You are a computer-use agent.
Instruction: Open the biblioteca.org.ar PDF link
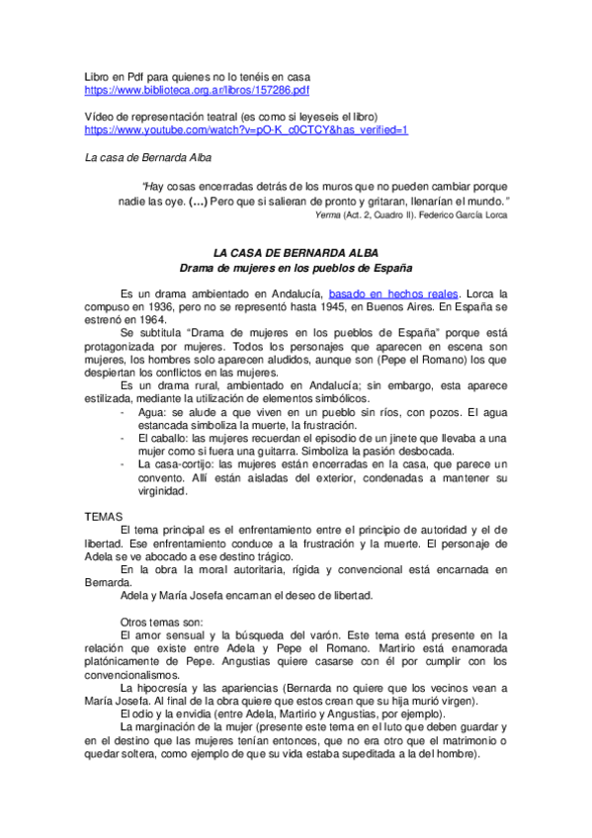pyautogui.click(x=197, y=90)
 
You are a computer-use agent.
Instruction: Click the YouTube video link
pyautogui.click(x=246, y=129)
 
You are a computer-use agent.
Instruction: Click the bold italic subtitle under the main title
pyautogui.click(x=296, y=268)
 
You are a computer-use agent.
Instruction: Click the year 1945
pyautogui.click(x=327, y=307)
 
